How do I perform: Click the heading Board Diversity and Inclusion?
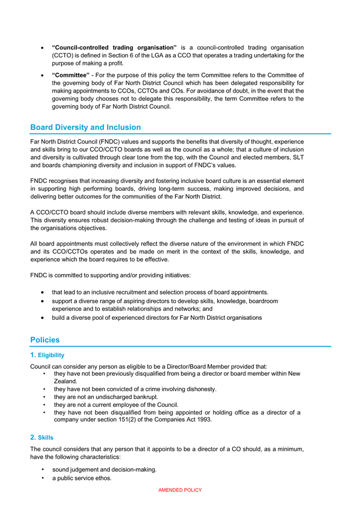point(85,127)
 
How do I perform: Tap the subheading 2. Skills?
point(42,437)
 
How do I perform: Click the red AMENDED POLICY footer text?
point(180,490)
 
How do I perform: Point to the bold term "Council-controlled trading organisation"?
point(114,47)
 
